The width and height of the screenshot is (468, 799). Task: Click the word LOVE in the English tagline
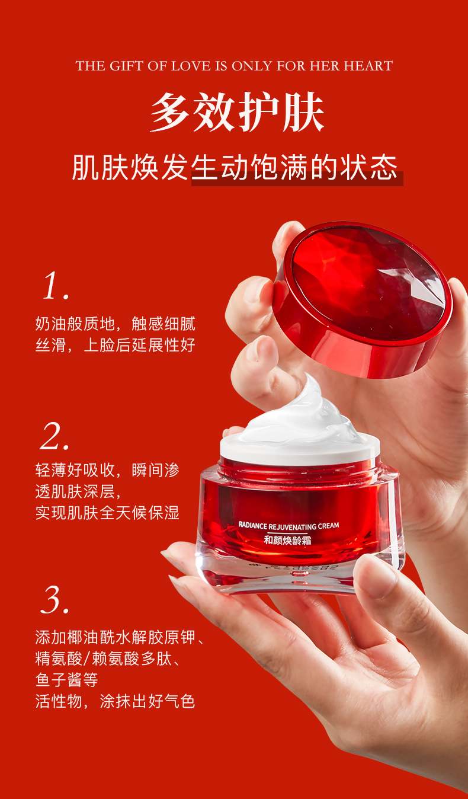click(x=191, y=66)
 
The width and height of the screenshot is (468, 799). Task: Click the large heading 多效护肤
click(x=237, y=113)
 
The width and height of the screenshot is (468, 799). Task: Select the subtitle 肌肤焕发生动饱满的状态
click(x=235, y=167)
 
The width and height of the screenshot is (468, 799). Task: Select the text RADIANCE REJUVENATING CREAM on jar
click(x=289, y=525)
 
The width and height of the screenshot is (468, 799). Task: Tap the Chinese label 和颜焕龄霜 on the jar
click(x=288, y=540)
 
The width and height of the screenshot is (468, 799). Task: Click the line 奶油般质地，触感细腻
click(x=115, y=324)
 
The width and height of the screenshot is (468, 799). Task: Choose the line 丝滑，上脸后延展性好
click(x=115, y=345)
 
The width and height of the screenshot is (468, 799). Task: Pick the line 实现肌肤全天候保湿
click(x=107, y=513)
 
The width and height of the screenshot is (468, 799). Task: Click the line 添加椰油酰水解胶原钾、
click(x=120, y=638)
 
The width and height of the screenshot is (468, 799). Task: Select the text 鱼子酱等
click(x=67, y=680)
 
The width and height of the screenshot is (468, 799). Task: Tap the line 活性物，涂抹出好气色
click(x=115, y=701)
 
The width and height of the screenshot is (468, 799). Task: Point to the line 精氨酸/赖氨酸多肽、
click(x=107, y=659)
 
